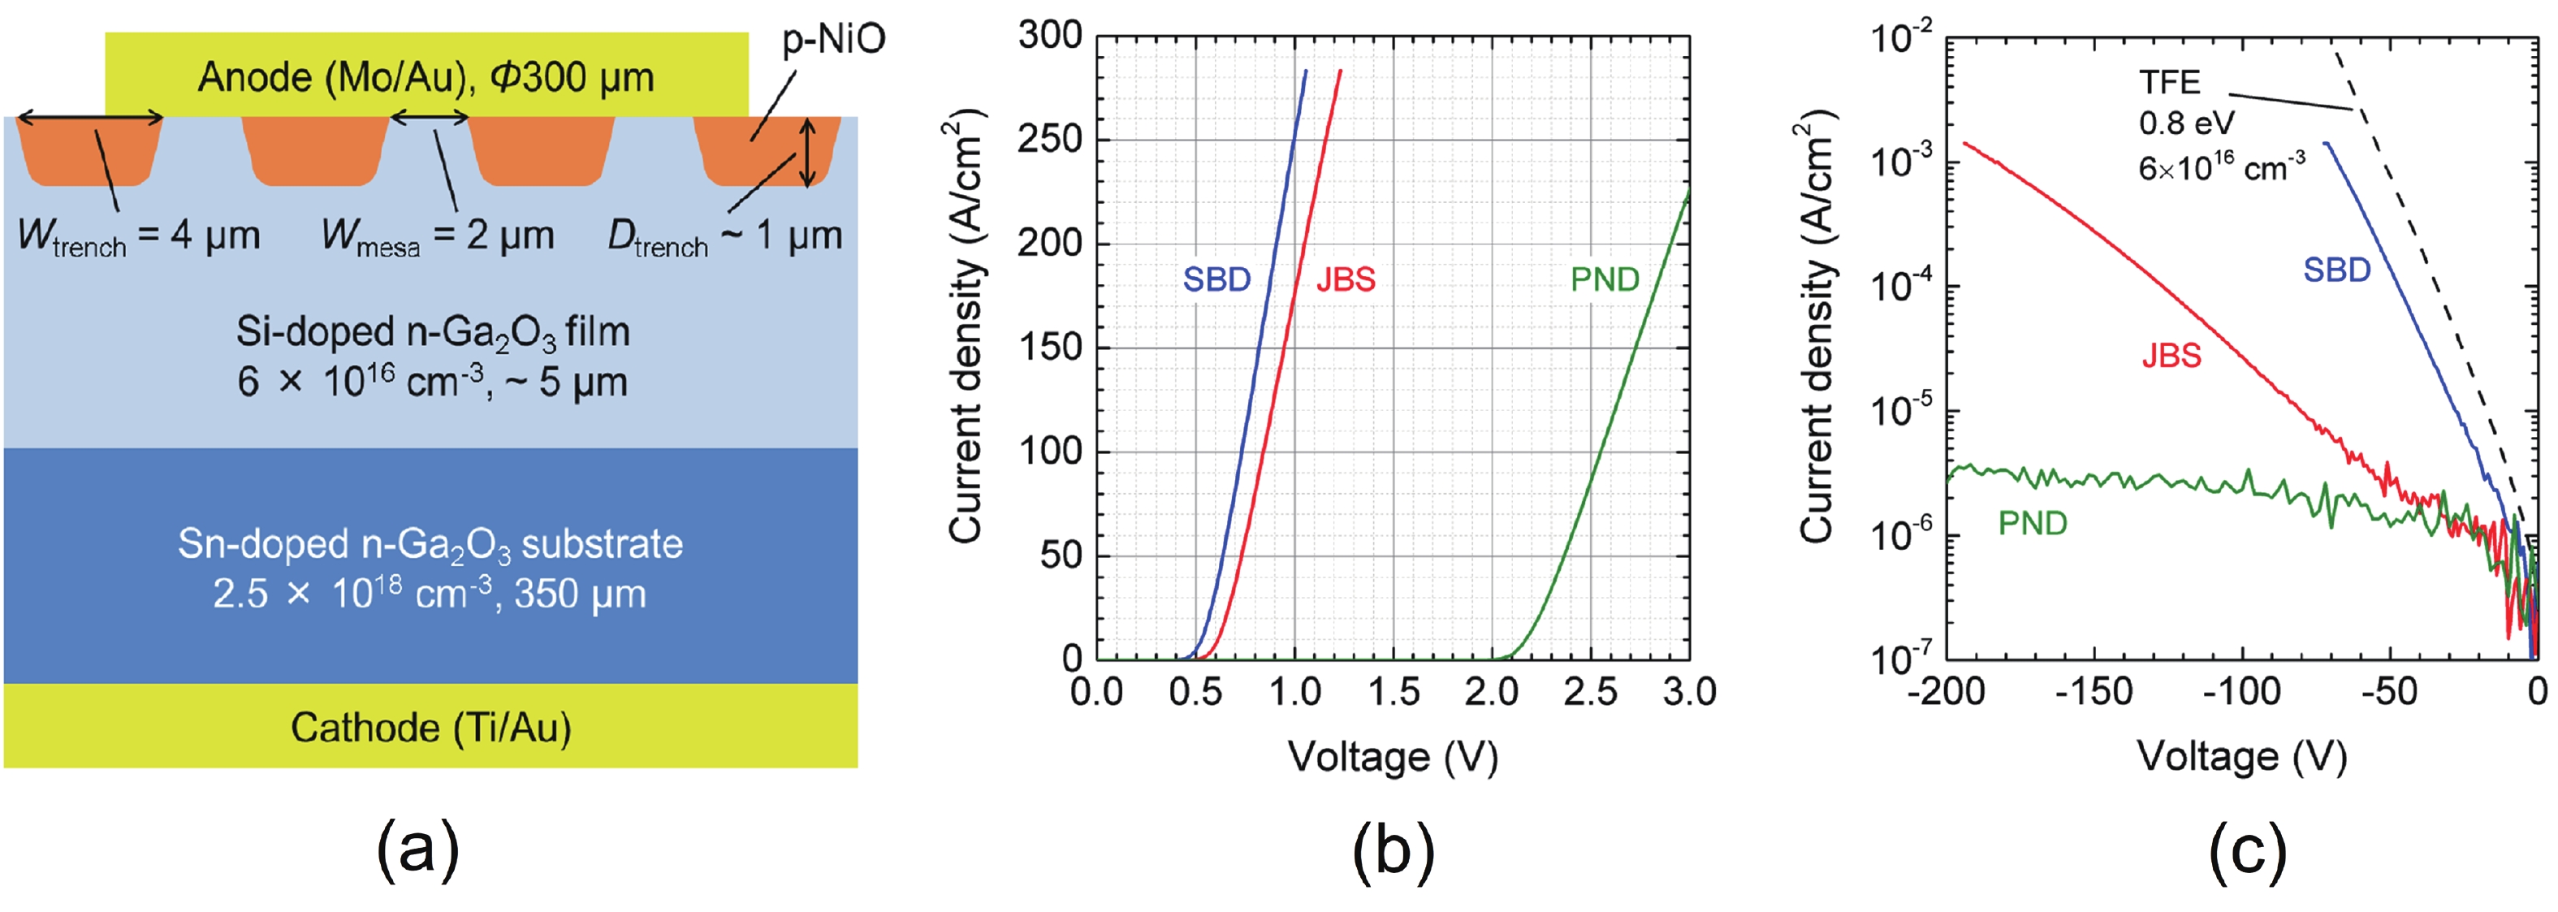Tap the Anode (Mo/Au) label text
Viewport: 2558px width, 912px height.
426,77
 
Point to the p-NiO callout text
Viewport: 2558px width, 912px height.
833,40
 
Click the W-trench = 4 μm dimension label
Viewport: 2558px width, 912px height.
139,236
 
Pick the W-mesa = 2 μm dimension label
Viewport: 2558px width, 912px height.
438,236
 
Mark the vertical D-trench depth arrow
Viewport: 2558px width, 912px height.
808,152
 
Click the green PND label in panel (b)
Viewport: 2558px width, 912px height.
1605,280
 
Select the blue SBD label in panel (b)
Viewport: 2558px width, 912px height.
1216,280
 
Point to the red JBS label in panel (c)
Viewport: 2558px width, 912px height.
2171,356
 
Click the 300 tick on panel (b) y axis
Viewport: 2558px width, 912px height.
1050,36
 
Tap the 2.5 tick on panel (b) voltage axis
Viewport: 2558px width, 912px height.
1590,691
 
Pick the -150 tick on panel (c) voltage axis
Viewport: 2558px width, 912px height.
2093,691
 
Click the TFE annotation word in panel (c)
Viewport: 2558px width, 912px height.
2169,81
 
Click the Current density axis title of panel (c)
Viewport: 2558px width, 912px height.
1817,328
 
